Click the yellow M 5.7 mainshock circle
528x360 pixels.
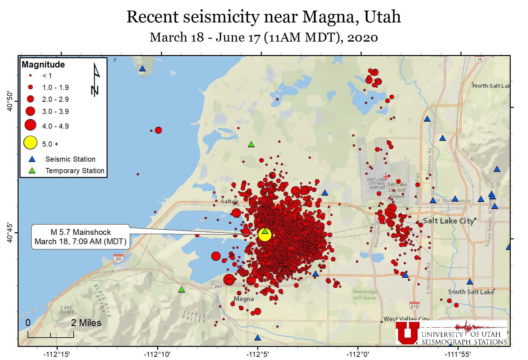tap(265, 235)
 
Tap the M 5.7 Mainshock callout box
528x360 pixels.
tap(81, 237)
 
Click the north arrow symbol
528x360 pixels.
tap(95, 80)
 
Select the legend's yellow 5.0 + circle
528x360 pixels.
tap(30, 143)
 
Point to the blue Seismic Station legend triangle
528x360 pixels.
tap(32, 159)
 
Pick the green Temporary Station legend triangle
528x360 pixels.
tap(32, 171)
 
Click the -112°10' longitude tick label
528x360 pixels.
tap(157, 354)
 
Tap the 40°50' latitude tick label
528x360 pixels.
tap(10, 101)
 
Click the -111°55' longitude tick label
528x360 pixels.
tap(458, 354)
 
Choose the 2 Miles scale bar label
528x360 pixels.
tap(86, 323)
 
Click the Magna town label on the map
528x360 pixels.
tap(244, 299)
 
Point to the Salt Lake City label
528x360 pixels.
tap(448, 221)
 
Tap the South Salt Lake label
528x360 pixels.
tap(471, 292)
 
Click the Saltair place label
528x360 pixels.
tap(229, 201)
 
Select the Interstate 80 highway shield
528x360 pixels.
tap(118, 258)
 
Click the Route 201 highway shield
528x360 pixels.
tap(218, 286)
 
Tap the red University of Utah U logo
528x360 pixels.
tap(407, 333)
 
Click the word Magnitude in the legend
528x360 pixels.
tap(43, 65)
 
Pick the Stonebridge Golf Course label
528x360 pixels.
tap(364, 295)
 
